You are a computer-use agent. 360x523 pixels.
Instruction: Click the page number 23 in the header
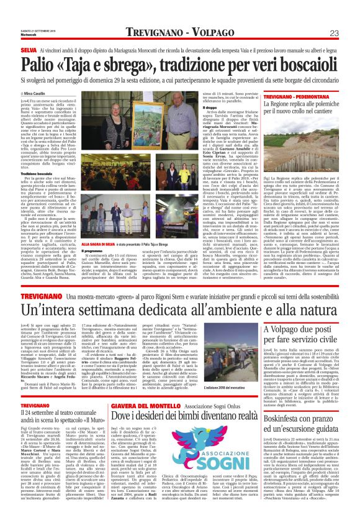350,32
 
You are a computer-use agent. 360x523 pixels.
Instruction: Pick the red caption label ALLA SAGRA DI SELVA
99,244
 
